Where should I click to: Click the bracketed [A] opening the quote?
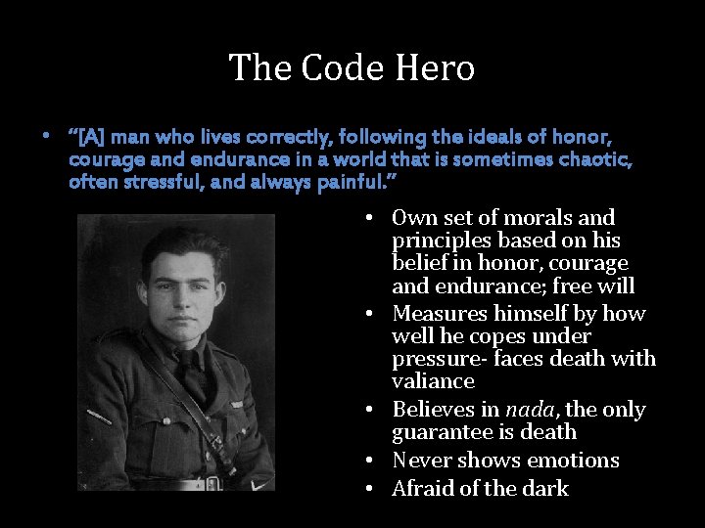click(87, 138)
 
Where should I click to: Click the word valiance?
click(433, 381)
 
